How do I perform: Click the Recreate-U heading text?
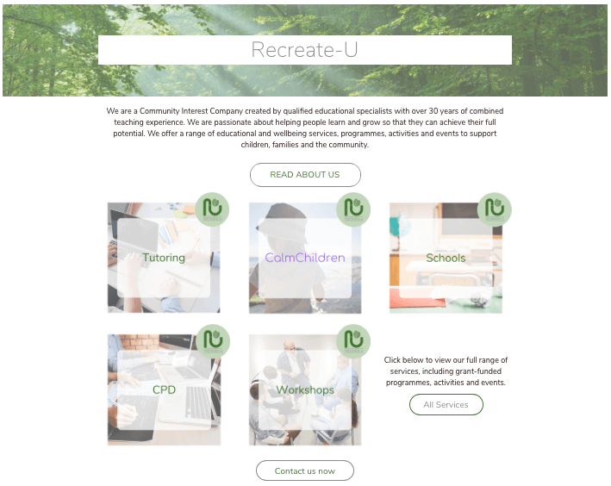(304, 50)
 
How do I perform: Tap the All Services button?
(446, 404)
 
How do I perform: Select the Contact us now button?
(305, 470)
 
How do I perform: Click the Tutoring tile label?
(164, 258)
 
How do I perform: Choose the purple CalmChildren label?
(305, 258)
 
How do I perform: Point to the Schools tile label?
(446, 258)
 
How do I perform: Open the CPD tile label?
(164, 389)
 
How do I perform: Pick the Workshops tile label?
(305, 389)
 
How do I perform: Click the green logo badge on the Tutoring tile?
(212, 209)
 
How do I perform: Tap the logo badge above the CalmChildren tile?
(353, 209)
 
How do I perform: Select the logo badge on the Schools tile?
(495, 209)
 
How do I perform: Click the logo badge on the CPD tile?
(213, 341)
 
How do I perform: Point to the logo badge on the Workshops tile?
(353, 341)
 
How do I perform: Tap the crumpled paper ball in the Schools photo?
(481, 299)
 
